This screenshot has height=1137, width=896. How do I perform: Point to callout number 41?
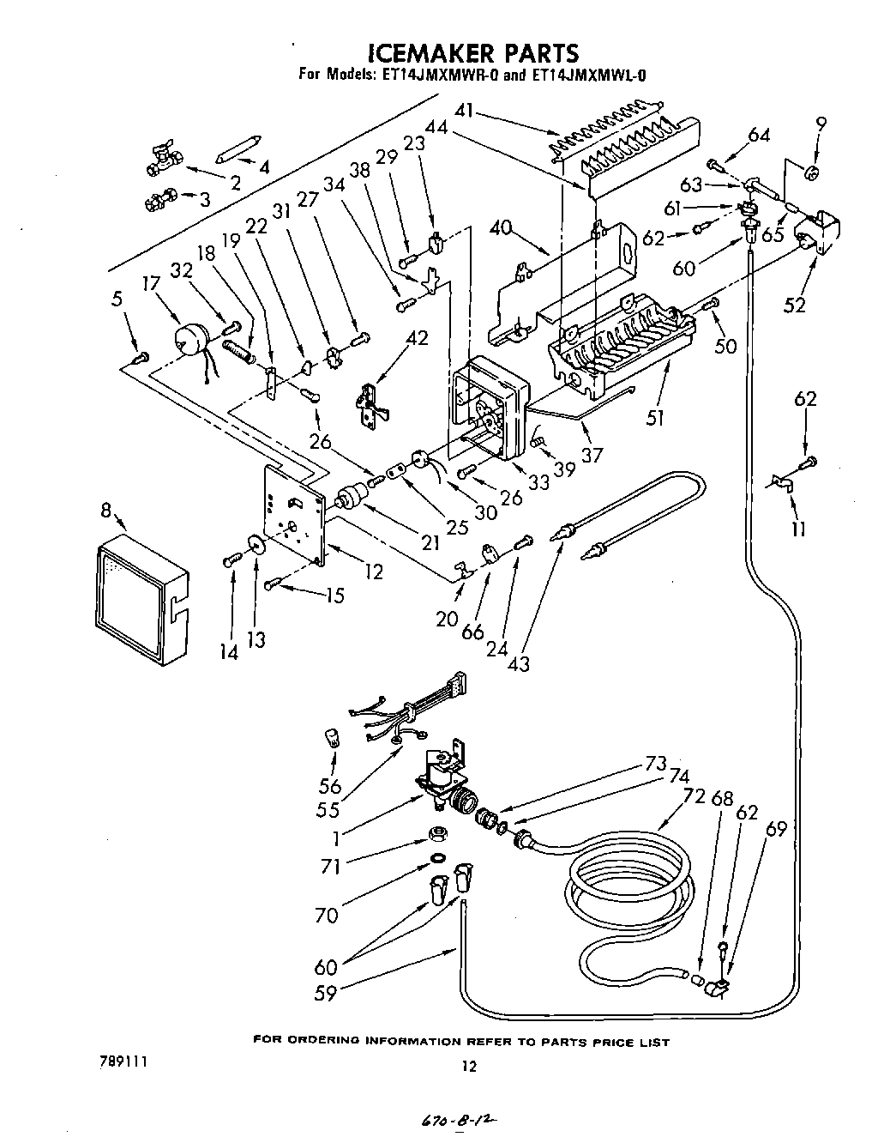pyautogui.click(x=465, y=111)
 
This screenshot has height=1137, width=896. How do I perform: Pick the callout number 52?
pyautogui.click(x=796, y=303)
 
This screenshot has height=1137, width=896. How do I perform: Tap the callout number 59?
pyautogui.click(x=326, y=993)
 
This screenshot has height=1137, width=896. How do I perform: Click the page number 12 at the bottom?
pyautogui.click(x=467, y=1067)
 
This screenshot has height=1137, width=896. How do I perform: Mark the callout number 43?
pyautogui.click(x=519, y=662)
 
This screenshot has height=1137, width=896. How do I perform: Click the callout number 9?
pyautogui.click(x=821, y=124)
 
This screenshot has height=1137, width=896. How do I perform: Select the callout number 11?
pyautogui.click(x=797, y=529)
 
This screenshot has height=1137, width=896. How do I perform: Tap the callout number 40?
pyautogui.click(x=502, y=228)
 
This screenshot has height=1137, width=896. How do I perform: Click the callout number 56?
pyautogui.click(x=330, y=785)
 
